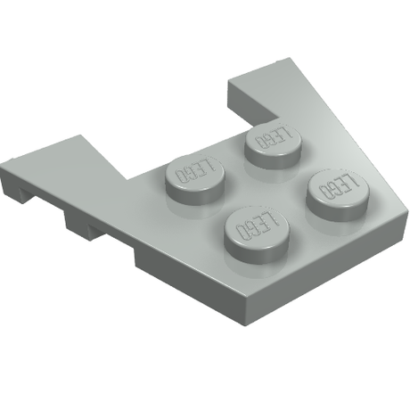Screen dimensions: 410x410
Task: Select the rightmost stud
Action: [338, 195]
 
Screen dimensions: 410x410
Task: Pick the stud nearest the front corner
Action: [257, 234]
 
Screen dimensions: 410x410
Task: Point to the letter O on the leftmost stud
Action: [180, 176]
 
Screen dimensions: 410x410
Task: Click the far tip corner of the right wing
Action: [288, 58]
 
